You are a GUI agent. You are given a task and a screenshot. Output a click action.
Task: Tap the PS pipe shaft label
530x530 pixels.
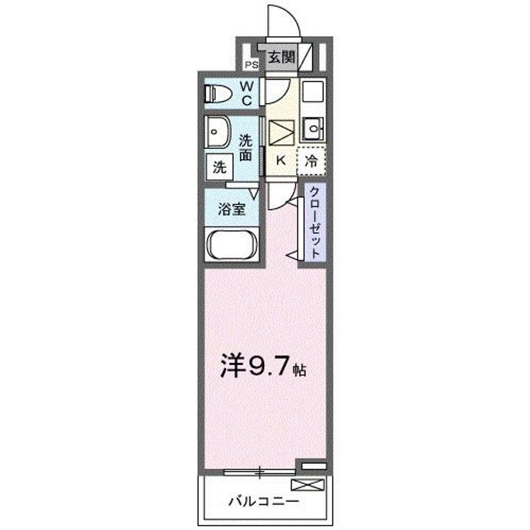[x=252, y=64]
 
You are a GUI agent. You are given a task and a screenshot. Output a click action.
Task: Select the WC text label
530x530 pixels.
[x=247, y=93]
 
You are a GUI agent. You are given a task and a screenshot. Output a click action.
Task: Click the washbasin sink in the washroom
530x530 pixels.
[x=218, y=134]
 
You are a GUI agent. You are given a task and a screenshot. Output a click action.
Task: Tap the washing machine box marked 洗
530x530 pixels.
[x=219, y=166]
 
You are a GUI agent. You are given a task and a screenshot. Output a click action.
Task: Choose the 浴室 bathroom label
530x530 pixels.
[x=231, y=208]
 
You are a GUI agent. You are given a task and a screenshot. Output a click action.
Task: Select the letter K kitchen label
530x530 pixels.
[x=280, y=159]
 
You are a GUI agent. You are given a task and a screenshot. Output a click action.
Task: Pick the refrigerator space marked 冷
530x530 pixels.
[x=311, y=159]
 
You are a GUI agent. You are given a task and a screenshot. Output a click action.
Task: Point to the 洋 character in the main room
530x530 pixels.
[x=232, y=366]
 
